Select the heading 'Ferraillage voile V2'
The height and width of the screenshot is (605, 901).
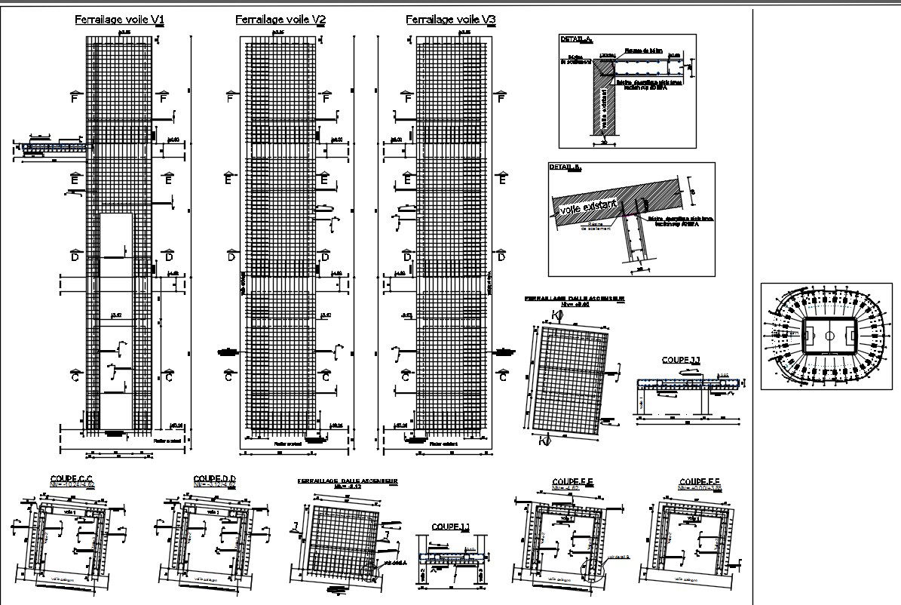(x=280, y=20)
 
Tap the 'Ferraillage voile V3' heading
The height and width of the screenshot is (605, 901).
(x=451, y=20)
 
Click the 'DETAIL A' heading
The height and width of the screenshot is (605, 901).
(x=576, y=39)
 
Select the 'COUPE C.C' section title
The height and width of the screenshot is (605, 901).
(x=71, y=478)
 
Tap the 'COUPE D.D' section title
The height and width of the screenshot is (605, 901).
(x=215, y=478)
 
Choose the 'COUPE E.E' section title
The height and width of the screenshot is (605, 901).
(x=573, y=481)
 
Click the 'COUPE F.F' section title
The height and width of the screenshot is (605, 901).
(x=700, y=481)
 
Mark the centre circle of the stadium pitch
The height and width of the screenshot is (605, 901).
(x=829, y=335)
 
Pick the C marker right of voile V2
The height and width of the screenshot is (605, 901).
(x=326, y=376)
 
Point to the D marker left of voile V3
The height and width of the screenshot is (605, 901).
(x=407, y=256)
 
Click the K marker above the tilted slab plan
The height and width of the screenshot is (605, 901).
(x=556, y=315)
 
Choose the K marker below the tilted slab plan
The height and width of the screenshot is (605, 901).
(x=545, y=440)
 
